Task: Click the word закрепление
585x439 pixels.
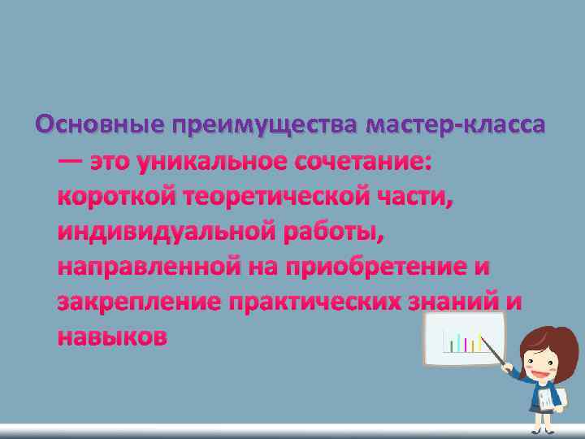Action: coord(139,301)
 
